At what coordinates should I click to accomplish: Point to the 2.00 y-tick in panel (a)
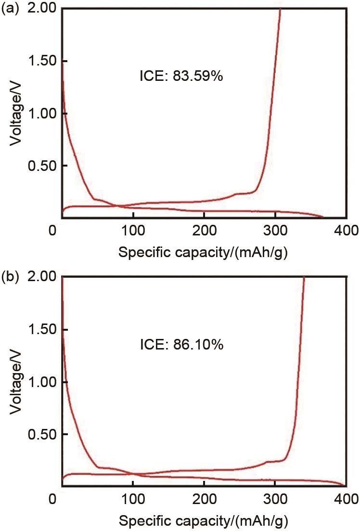[x=42, y=9]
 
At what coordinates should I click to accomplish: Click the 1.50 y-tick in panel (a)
[x=42, y=61]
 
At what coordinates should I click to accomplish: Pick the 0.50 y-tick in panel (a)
[x=42, y=166]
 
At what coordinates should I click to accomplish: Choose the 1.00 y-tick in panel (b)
[x=42, y=382]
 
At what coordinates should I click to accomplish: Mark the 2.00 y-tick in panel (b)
[x=42, y=277]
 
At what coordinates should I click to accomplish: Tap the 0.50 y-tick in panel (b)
[x=42, y=435]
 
